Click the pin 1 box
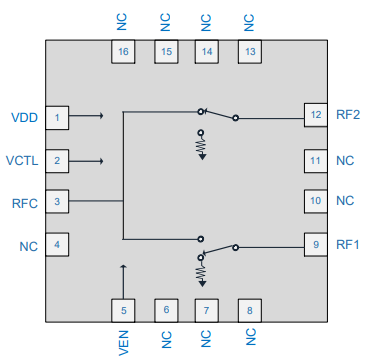pyautogui.click(x=58, y=119)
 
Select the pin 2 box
pyautogui.click(x=58, y=160)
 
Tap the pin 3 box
pyautogui.click(x=58, y=202)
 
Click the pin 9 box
pyautogui.click(x=316, y=243)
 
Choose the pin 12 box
pyautogui.click(x=316, y=115)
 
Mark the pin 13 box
pyautogui.click(x=250, y=51)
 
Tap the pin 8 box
pyautogui.click(x=250, y=310)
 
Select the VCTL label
pyautogui.click(x=22, y=160)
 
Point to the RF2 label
pyautogui.click(x=348, y=115)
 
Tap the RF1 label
pyautogui.click(x=348, y=243)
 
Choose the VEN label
pyautogui.click(x=123, y=343)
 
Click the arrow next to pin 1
pyautogui.click(x=90, y=116)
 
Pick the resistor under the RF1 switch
pyautogui.click(x=201, y=271)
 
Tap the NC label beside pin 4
pyautogui.click(x=28, y=245)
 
